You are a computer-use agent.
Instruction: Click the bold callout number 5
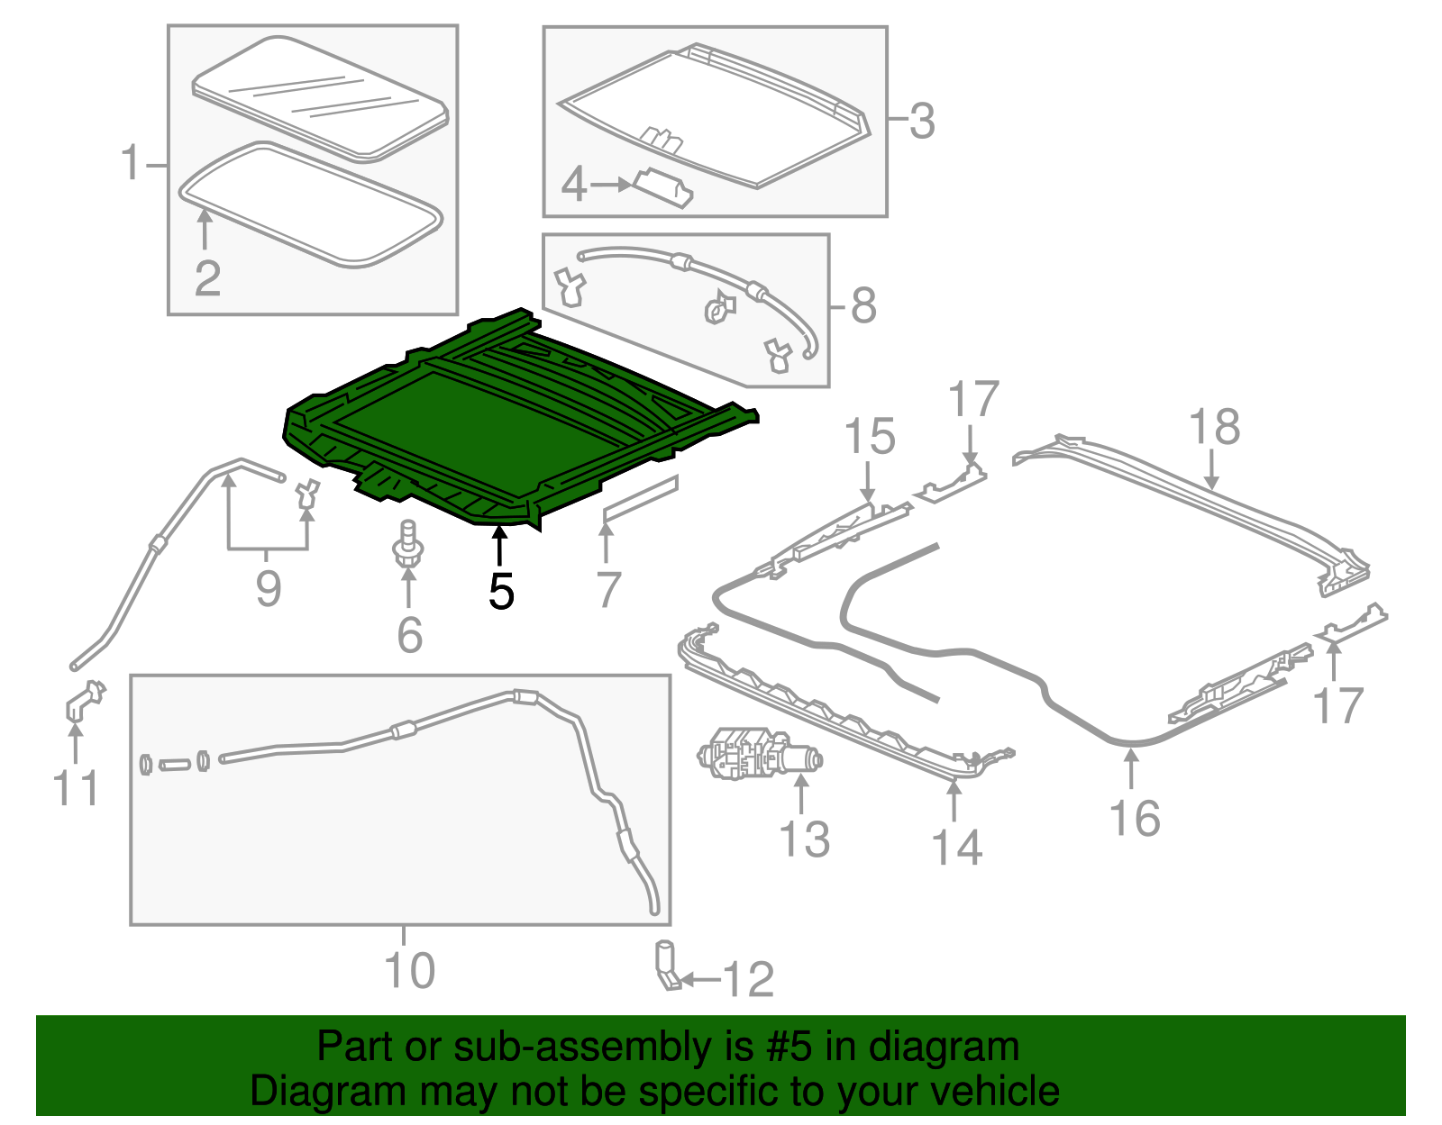tap(502, 592)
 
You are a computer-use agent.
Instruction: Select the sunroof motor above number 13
tap(759, 754)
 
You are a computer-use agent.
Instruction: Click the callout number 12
tap(748, 979)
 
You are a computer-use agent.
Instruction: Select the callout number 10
tap(409, 970)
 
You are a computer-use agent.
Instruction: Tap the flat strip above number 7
tap(641, 498)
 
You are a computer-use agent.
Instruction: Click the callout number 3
tap(921, 122)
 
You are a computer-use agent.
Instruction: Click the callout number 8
tap(862, 305)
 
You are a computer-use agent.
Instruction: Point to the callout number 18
tap(1214, 426)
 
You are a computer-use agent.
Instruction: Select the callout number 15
tap(870, 436)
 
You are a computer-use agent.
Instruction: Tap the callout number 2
tap(207, 279)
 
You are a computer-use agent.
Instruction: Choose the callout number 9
tap(268, 588)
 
